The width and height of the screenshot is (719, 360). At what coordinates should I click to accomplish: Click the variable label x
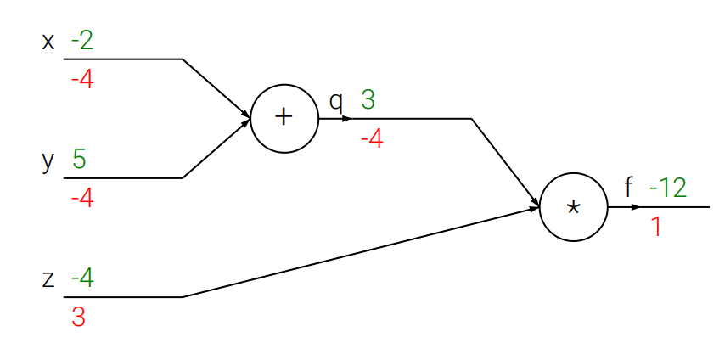(48, 41)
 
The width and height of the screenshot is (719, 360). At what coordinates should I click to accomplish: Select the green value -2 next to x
(82, 41)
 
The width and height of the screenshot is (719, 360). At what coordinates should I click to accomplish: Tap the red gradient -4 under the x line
(82, 81)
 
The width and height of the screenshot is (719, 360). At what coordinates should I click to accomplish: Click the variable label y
(48, 160)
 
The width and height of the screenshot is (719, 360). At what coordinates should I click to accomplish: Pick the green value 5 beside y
(79, 160)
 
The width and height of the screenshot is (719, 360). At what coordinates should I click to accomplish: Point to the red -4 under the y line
(82, 200)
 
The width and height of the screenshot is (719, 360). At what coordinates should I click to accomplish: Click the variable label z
(48, 278)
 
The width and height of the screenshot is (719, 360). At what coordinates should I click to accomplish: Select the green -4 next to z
(82, 278)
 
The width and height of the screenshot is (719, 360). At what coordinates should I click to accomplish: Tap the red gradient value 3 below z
(78, 318)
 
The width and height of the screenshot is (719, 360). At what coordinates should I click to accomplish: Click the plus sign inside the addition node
(284, 118)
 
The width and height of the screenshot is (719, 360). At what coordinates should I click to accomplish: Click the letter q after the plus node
(336, 102)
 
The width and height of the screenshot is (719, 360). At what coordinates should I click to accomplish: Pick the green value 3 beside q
(368, 100)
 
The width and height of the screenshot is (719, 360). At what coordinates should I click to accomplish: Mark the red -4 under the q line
(372, 138)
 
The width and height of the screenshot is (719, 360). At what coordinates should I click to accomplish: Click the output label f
(628, 188)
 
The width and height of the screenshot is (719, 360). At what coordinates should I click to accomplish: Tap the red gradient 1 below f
(655, 227)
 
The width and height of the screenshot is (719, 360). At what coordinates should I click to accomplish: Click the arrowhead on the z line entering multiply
(534, 209)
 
